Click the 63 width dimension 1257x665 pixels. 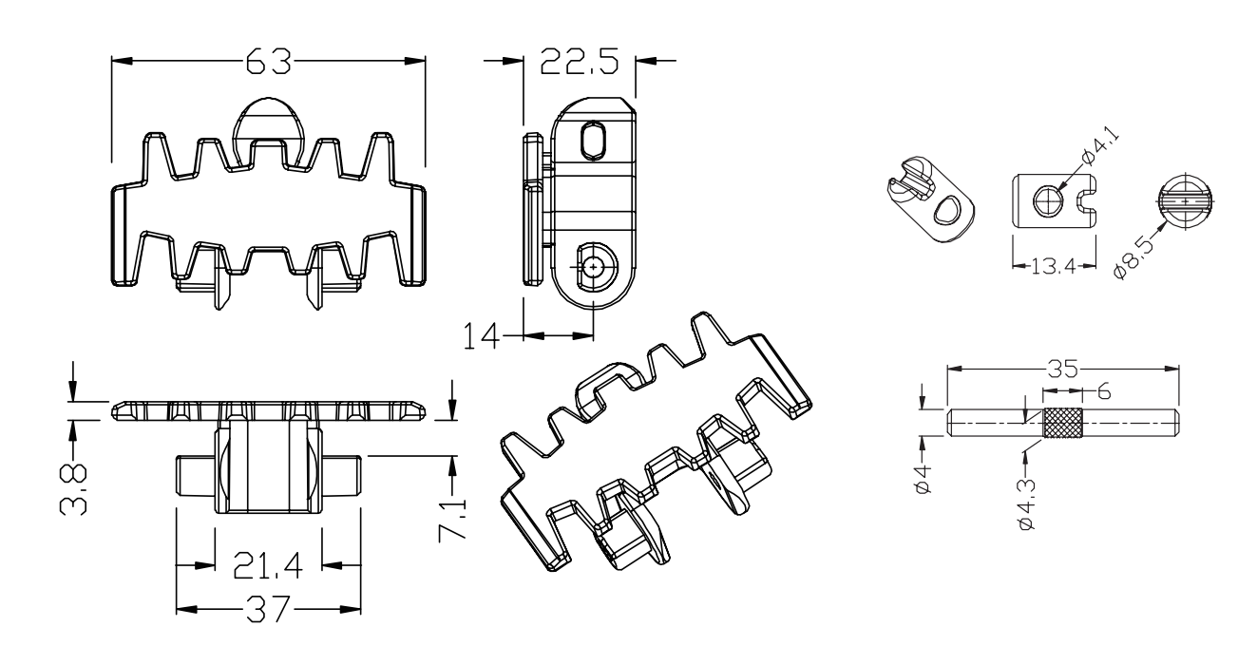[x=269, y=63]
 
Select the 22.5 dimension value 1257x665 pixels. [x=578, y=62]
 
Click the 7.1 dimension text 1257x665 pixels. [x=451, y=519]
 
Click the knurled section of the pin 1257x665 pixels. [x=1062, y=421]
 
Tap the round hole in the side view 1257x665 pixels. [x=594, y=268]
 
